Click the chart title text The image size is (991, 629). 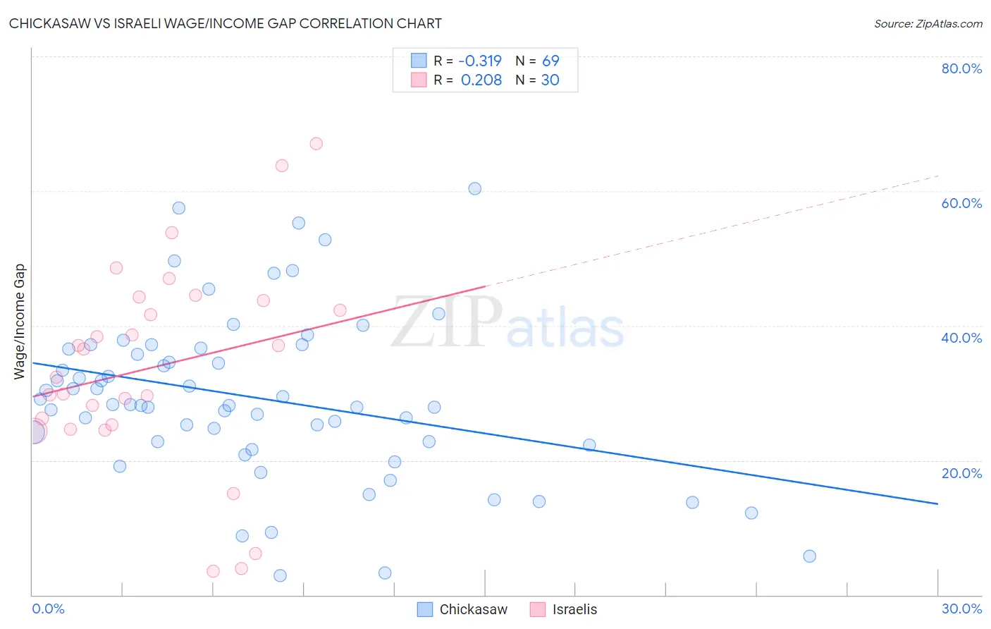[x=226, y=23]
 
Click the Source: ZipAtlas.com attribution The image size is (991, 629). [x=928, y=23]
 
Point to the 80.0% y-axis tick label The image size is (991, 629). [x=961, y=68]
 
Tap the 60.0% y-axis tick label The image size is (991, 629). [x=961, y=203]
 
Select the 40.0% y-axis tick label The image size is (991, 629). [x=961, y=338]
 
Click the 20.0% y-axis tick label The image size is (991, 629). [x=961, y=473]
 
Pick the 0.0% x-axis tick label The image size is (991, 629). [x=48, y=609]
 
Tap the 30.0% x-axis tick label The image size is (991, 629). [x=961, y=609]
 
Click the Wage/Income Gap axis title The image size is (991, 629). [x=20, y=322]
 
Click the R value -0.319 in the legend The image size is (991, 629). [x=479, y=61]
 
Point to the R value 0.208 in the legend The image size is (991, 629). [x=481, y=80]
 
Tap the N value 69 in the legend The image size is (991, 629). [x=550, y=61]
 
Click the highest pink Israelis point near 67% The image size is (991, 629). [x=316, y=144]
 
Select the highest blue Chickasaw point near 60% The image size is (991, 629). [x=475, y=189]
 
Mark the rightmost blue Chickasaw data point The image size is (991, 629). [x=809, y=556]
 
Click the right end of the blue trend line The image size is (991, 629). [x=937, y=503]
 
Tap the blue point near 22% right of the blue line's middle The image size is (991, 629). [x=589, y=445]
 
